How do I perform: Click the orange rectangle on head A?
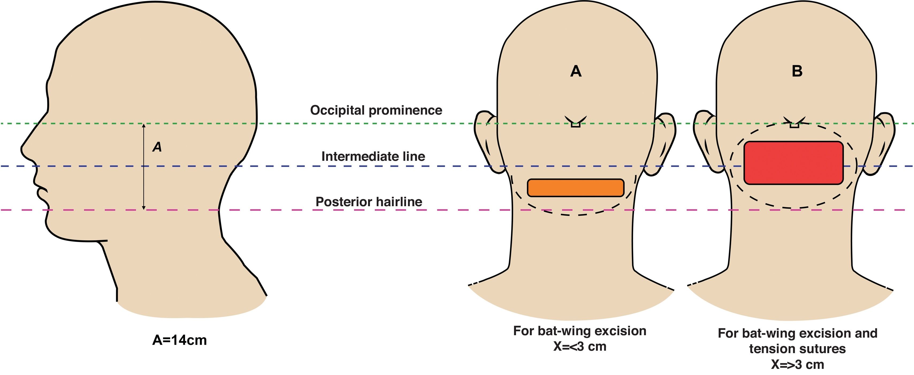coord(576,188)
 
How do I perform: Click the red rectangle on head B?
coord(793,163)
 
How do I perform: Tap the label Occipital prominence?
coord(376,110)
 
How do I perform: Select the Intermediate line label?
coord(373,156)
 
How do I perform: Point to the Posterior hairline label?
coord(369,202)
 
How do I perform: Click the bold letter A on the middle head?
coord(576,71)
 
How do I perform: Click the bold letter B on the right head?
coord(797,71)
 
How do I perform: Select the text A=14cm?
coord(179,340)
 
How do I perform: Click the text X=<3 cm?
coord(580,346)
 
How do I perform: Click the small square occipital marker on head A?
coord(576,124)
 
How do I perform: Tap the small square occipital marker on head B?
coord(794,125)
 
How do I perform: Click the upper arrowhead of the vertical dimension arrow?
coord(144,126)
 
